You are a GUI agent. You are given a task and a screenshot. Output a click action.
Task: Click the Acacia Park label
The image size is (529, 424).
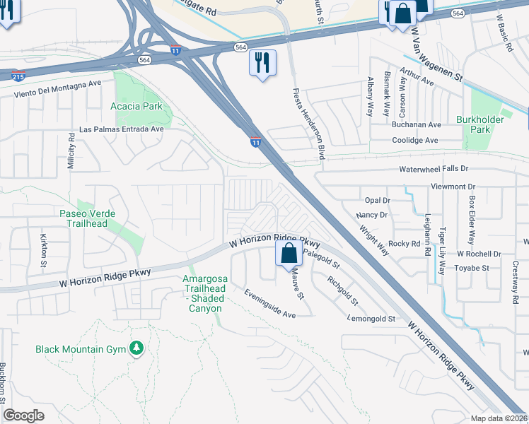136,106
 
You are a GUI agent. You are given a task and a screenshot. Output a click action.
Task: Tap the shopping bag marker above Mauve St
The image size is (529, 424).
289,253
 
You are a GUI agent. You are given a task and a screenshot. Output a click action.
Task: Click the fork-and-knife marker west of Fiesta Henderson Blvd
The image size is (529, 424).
261,63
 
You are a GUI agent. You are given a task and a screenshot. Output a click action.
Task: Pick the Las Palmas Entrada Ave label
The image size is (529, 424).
121,129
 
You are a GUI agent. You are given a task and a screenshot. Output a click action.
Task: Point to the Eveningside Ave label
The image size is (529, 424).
269,302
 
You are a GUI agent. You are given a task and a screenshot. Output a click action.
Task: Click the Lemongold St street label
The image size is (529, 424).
371,319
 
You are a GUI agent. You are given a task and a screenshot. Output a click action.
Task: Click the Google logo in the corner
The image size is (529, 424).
23,415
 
